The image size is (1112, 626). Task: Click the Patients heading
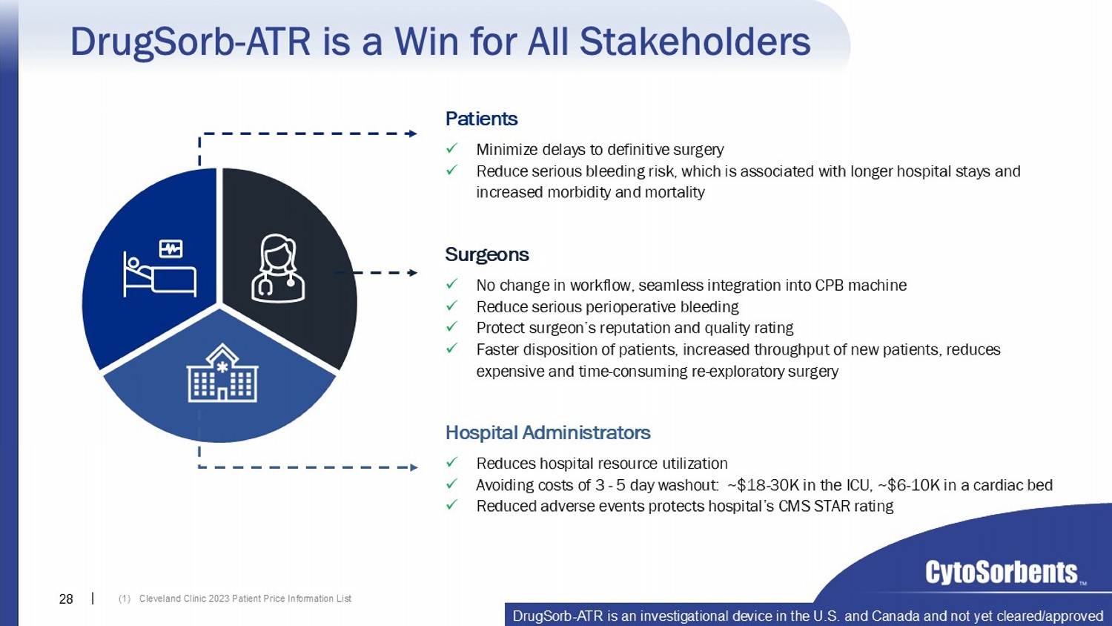click(x=481, y=119)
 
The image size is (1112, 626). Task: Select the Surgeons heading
click(x=486, y=254)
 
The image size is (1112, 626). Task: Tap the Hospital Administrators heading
click(x=548, y=432)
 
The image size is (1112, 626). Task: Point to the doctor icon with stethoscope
click(x=278, y=268)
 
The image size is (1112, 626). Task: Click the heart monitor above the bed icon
click(x=171, y=248)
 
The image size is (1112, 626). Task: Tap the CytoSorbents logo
click(x=1002, y=573)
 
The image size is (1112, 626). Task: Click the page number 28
click(x=66, y=599)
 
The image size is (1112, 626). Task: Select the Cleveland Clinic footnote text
click(x=235, y=599)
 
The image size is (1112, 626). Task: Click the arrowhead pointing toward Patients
click(x=411, y=134)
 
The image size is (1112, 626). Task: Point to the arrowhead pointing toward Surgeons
click(x=412, y=272)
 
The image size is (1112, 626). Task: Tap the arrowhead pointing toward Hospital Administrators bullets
click(x=412, y=467)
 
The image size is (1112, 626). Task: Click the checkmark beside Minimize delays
click(x=451, y=148)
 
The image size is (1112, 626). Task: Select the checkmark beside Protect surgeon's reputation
click(x=451, y=327)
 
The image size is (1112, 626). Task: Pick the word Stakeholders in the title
click(x=695, y=42)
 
